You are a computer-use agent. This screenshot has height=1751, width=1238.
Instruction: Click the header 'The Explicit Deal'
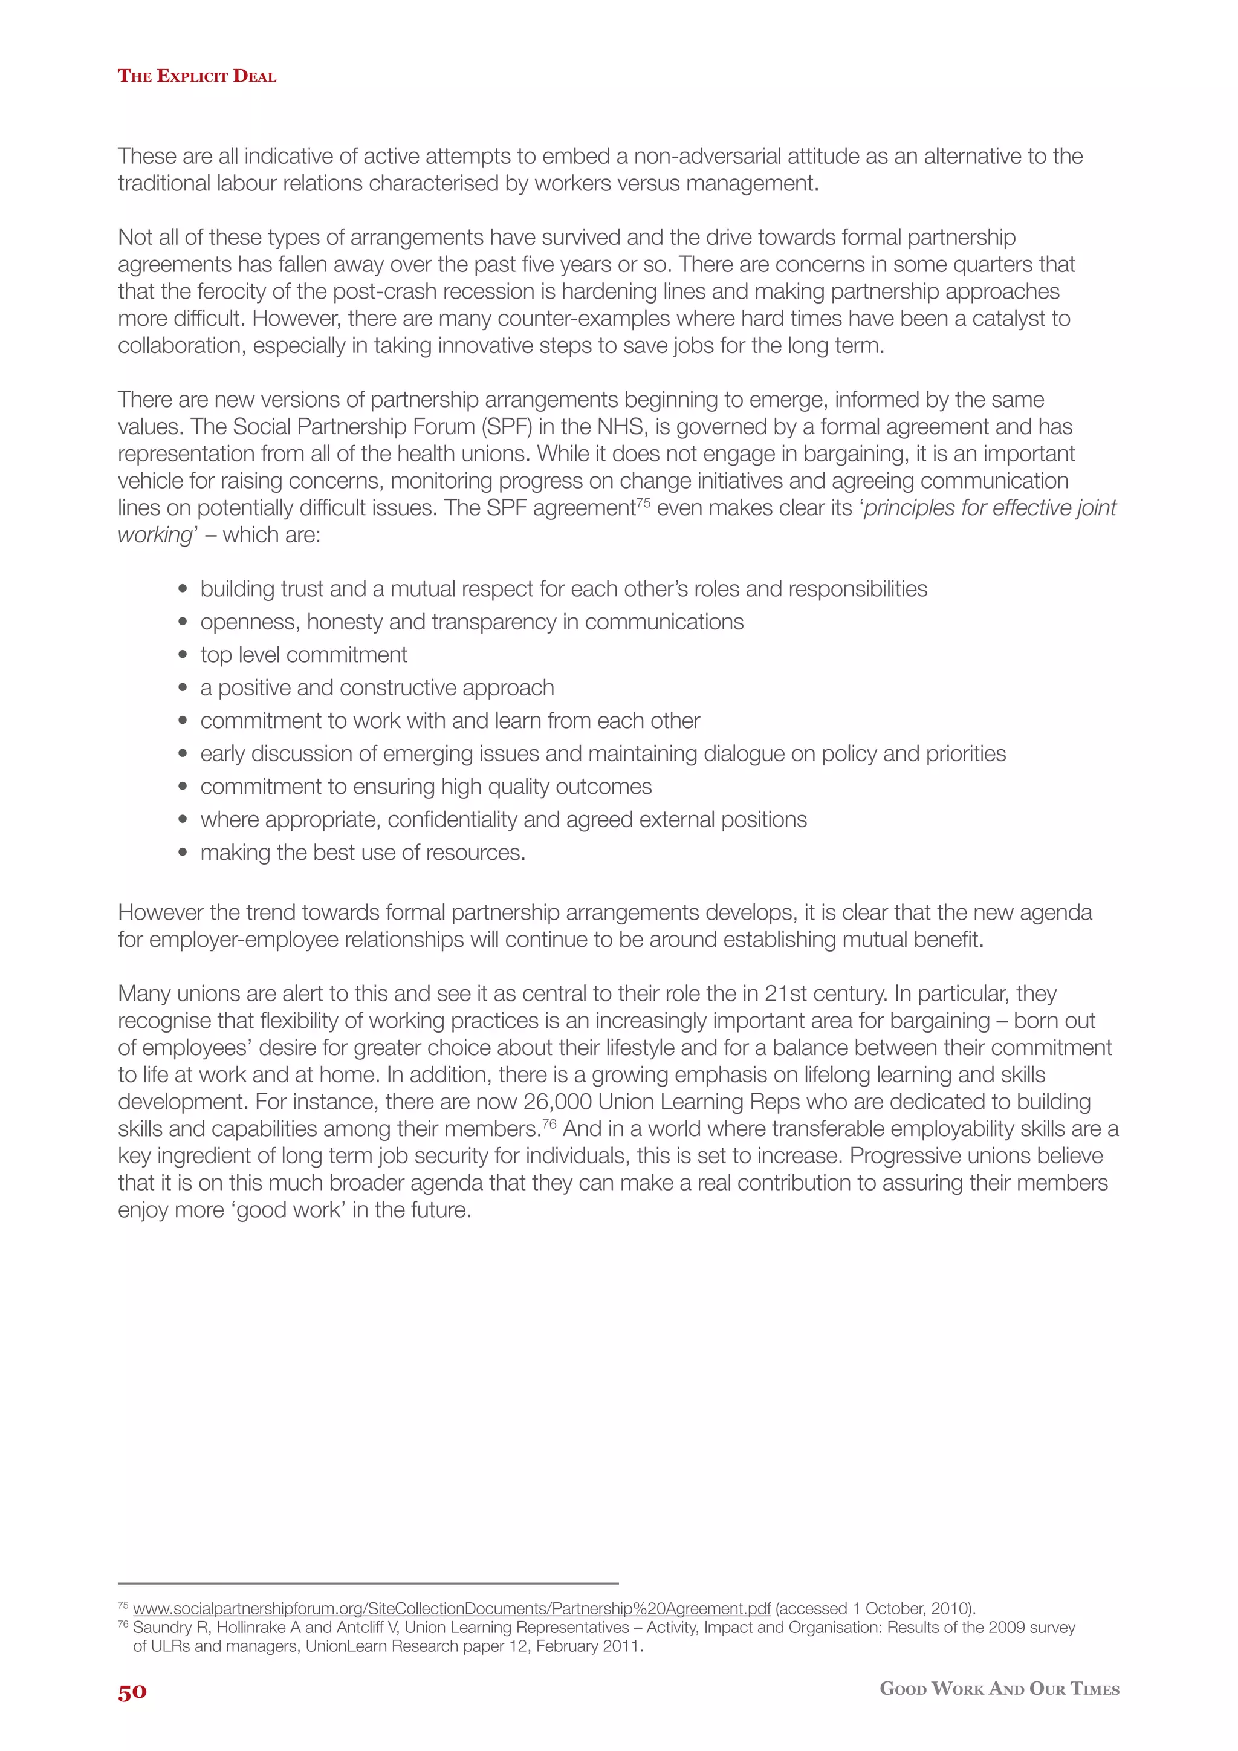(196, 76)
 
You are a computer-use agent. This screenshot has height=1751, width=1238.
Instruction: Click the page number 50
(132, 1692)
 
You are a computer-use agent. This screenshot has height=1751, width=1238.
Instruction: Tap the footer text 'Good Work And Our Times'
(999, 1689)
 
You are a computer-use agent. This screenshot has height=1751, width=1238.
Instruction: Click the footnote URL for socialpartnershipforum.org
(452, 1608)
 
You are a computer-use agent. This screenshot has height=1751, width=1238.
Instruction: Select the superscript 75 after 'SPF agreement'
(643, 502)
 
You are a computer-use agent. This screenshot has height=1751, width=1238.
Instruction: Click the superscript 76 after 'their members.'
(549, 1123)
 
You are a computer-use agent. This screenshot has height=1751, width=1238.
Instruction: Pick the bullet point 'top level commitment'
(303, 655)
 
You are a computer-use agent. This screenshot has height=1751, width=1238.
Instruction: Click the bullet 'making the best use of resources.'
(363, 853)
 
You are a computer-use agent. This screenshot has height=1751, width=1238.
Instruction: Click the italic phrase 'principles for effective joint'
(990, 508)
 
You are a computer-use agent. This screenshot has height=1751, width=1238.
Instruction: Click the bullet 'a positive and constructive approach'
(377, 688)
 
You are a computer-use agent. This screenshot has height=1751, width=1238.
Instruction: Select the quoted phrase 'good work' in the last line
(290, 1210)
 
